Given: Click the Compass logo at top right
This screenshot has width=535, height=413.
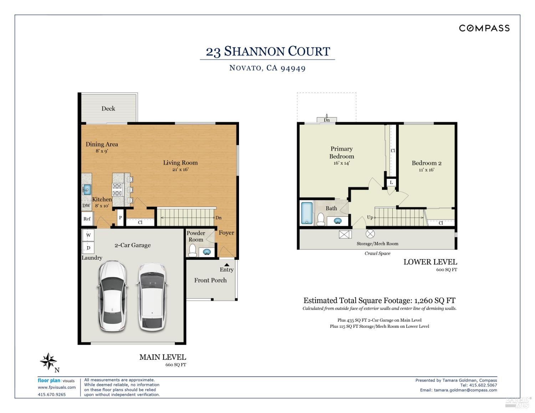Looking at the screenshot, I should coord(484,28).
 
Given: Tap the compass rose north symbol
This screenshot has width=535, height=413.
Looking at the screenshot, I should coord(48,362).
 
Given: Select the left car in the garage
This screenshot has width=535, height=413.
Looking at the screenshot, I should coord(112,296).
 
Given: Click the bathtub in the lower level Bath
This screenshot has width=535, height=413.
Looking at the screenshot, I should coord(306,213).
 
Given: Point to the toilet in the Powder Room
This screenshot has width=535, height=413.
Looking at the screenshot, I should coord(193,251).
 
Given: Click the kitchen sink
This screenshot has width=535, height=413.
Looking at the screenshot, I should coord(87,189).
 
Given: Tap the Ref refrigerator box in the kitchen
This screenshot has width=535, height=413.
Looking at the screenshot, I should coord(87,219).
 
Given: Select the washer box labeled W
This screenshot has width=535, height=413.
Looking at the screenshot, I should coord(88,235).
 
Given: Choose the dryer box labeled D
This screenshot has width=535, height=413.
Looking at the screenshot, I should coord(88,248).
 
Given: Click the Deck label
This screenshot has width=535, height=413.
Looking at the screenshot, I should coord(108,109).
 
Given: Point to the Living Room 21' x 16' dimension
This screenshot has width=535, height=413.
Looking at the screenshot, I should coord(180,170).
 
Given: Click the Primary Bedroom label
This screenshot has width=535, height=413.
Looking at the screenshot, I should coord(341,153).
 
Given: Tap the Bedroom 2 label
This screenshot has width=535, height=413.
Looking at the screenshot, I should coord(427,163).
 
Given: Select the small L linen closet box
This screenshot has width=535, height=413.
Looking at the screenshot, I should coord(391,182).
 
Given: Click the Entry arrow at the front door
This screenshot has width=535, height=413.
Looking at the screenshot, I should coord(226,265).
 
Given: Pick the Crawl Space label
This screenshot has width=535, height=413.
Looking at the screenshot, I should coord(377,253).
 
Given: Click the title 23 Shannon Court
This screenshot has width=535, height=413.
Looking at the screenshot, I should coord(268,51).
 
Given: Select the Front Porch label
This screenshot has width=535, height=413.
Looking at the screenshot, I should coord(210,280).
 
